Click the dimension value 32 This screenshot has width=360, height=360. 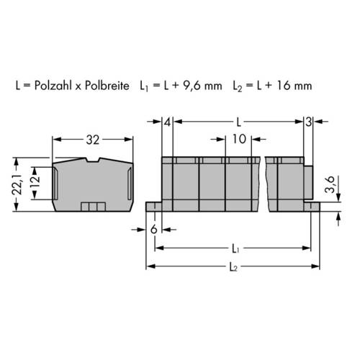point(91,140)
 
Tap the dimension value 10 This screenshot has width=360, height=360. point(240,139)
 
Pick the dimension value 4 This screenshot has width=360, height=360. point(167,121)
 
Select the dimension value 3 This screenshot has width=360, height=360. point(308,121)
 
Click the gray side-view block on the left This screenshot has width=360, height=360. point(91,184)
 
